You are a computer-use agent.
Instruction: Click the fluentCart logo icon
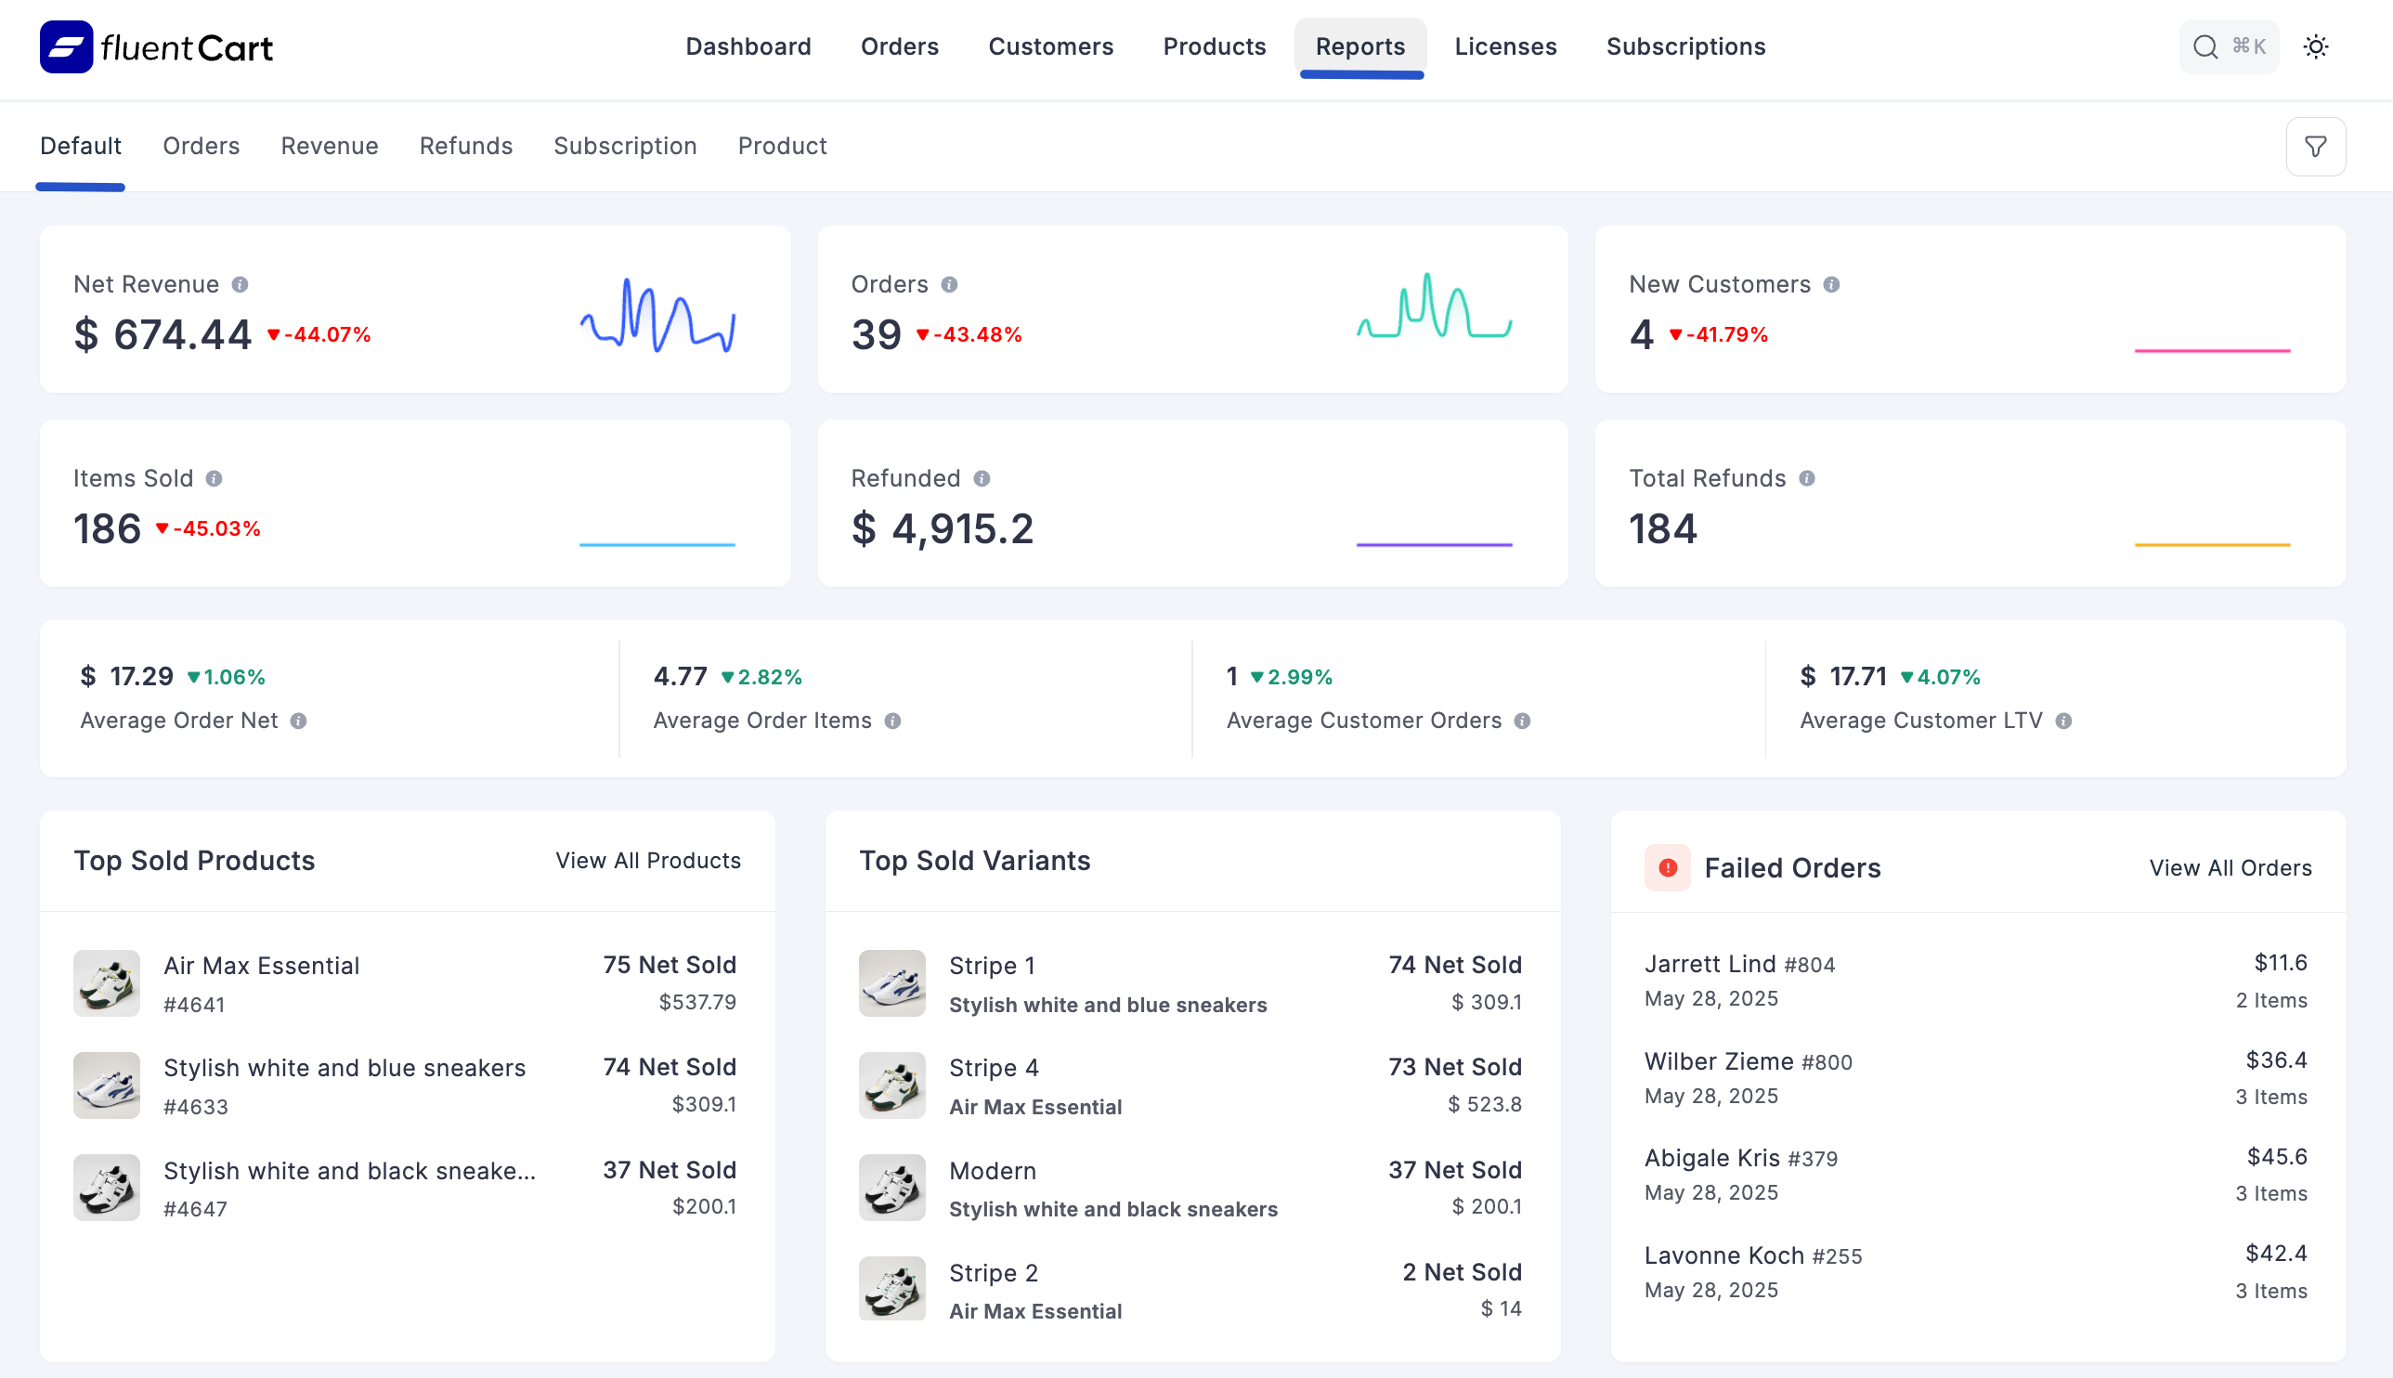click(66, 47)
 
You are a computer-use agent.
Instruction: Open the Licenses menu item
click(1504, 47)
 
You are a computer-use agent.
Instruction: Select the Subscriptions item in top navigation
click(1685, 47)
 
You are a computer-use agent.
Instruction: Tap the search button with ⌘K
click(2228, 47)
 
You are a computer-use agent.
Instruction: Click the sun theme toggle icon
click(2315, 47)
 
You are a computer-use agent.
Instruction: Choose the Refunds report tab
click(465, 147)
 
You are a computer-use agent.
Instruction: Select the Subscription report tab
click(625, 147)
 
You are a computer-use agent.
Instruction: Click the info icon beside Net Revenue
click(241, 285)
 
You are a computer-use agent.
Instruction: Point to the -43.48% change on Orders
click(969, 335)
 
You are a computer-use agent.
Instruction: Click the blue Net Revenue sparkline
click(657, 315)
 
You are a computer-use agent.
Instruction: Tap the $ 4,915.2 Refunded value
click(942, 529)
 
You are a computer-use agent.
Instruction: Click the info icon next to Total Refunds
click(1806, 479)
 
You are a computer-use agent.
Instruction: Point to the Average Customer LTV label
click(1920, 721)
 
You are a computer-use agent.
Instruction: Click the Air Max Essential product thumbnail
click(107, 983)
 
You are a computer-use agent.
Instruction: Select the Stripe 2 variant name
click(993, 1273)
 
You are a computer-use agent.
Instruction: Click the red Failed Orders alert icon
click(1667, 868)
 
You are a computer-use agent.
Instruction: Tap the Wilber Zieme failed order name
click(1718, 1062)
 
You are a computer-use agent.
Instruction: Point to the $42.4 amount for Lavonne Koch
click(2276, 1254)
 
